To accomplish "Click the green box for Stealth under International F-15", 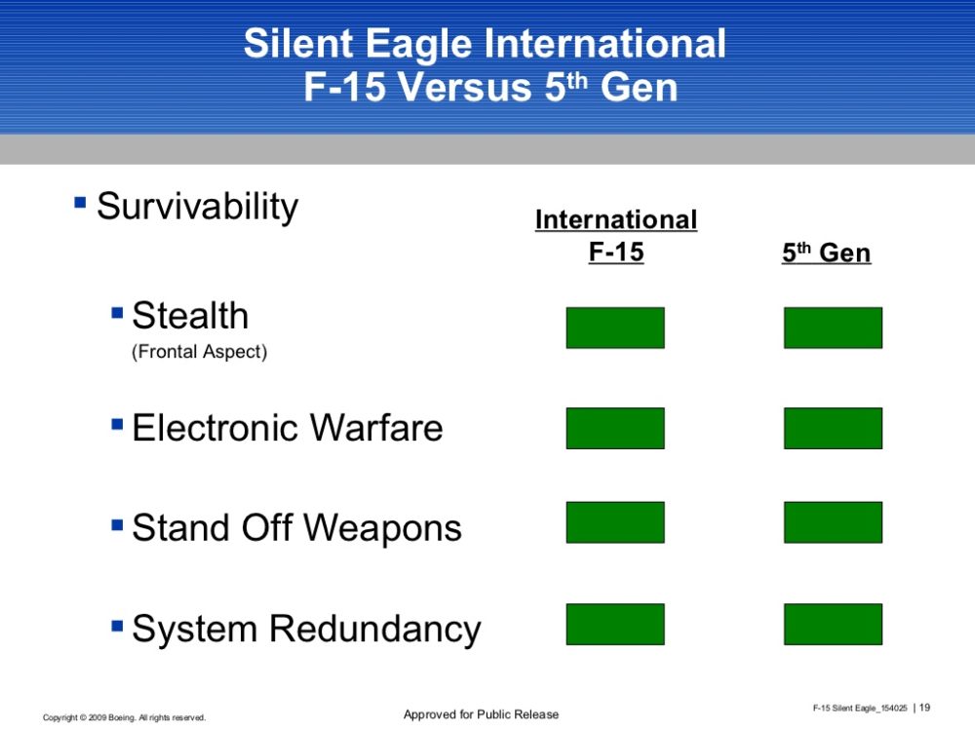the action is (x=615, y=327).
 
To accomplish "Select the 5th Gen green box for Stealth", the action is (x=833, y=327).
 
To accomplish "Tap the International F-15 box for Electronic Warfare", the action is (x=615, y=428).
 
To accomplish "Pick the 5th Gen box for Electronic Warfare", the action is (x=833, y=428).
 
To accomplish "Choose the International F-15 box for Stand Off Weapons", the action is (x=615, y=522).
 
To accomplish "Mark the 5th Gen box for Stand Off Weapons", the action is (x=833, y=522).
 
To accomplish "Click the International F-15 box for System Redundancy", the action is (x=615, y=624).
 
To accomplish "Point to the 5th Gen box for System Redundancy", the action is (x=833, y=624).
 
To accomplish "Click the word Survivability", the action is (x=198, y=207).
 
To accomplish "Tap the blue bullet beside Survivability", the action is (x=80, y=202).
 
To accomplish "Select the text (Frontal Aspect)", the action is (x=199, y=352).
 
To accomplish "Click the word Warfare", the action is (x=376, y=428).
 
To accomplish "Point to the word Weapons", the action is (x=382, y=529).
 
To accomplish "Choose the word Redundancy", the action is (x=375, y=629).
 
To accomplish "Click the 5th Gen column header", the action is (x=827, y=252).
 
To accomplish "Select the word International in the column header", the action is (x=616, y=219).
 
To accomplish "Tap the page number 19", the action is (x=924, y=708).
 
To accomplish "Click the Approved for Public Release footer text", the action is (x=482, y=714).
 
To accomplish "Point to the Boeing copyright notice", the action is (x=125, y=718).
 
